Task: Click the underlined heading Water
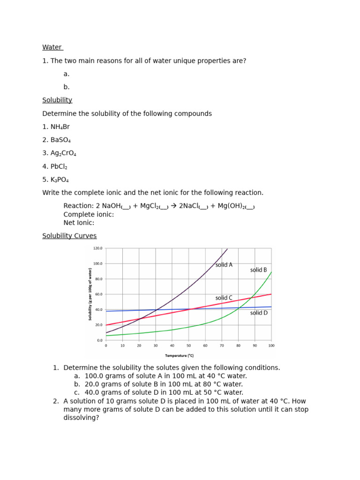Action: [x=52, y=47]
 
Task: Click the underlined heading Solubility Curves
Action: [x=69, y=236]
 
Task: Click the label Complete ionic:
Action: [x=89, y=215]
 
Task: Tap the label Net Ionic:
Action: [x=79, y=223]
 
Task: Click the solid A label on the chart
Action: [x=224, y=265]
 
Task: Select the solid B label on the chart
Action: [x=258, y=270]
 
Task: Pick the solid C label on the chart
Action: [x=224, y=298]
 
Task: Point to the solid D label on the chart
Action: [x=259, y=313]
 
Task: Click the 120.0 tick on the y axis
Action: [x=97, y=248]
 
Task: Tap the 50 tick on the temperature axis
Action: [x=188, y=345]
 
